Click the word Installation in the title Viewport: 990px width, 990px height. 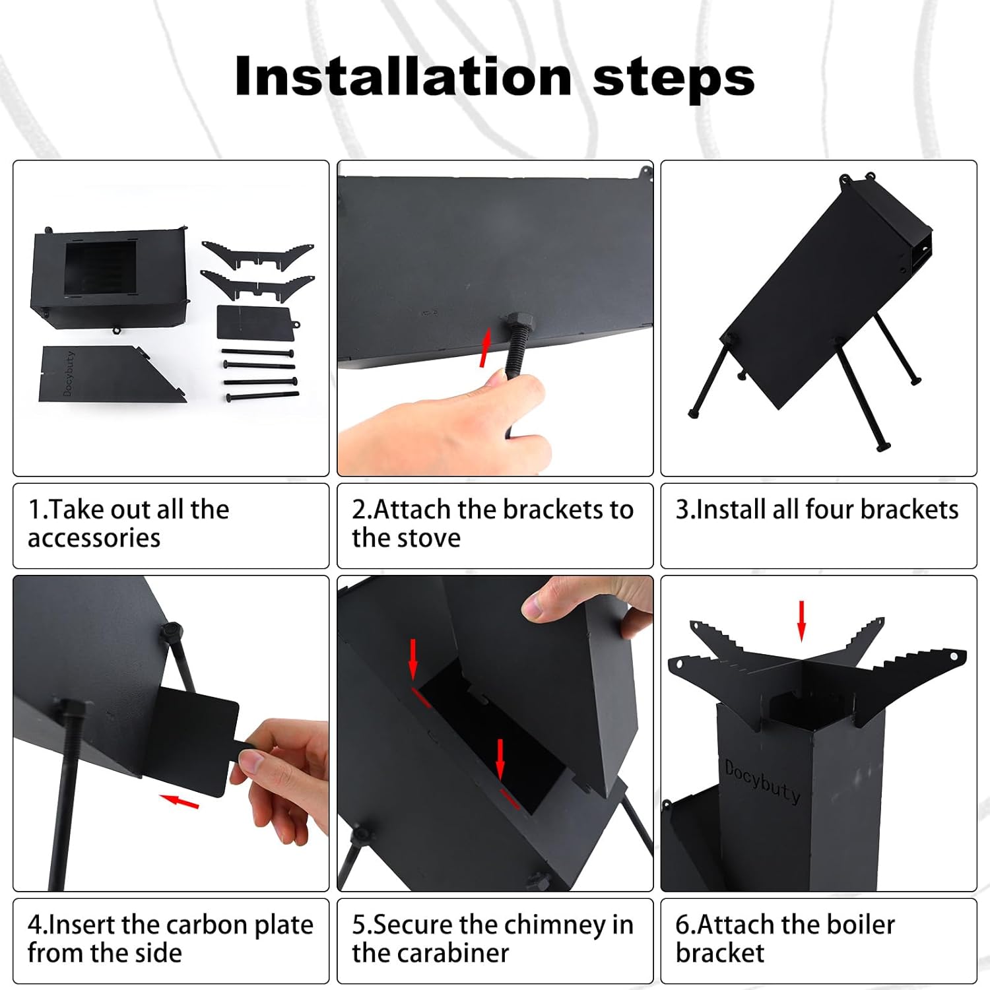pyautogui.click(x=403, y=77)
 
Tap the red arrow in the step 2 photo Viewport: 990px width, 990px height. pyautogui.click(x=486, y=348)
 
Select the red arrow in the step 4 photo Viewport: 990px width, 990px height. pyautogui.click(x=180, y=801)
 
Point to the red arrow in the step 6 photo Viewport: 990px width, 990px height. pyautogui.click(x=802, y=620)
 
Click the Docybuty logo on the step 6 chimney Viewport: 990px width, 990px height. pyautogui.click(x=762, y=781)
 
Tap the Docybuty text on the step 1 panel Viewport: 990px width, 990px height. pyautogui.click(x=69, y=374)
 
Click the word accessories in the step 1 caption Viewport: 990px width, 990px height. pyautogui.click(x=94, y=539)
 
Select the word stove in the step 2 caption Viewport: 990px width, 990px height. pyautogui.click(x=433, y=538)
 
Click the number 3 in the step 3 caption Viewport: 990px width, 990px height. pyautogui.click(x=682, y=510)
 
